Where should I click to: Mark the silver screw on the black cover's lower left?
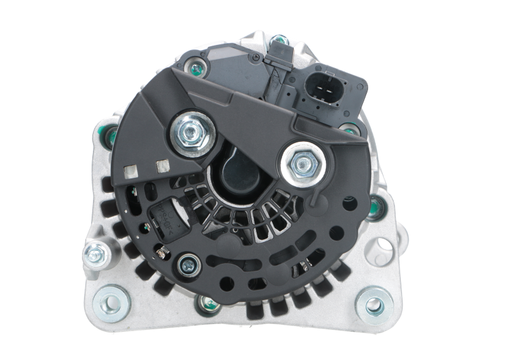point(189,261)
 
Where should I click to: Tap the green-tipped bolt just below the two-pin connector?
point(347,128)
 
